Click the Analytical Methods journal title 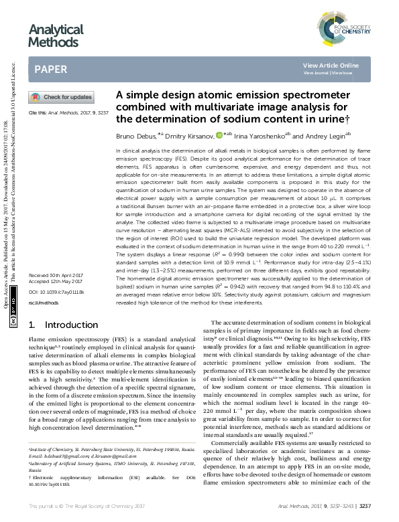56,36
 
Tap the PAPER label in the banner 51,69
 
